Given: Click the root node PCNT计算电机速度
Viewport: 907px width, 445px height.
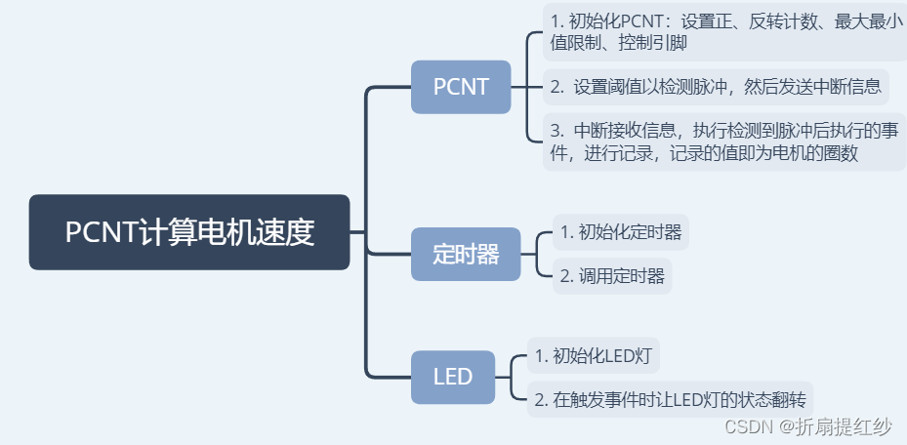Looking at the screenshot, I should (189, 232).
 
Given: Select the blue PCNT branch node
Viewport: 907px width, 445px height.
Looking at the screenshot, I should (461, 87).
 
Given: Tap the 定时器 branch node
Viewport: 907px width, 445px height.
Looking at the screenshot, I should (466, 254).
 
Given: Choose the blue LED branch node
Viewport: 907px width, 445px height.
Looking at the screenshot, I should (453, 377).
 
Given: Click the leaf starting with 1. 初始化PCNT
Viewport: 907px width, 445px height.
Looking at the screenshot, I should (724, 31).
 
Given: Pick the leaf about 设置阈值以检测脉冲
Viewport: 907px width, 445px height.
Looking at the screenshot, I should (716, 87).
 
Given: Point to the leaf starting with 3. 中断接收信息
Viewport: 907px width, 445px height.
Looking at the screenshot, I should (724, 142).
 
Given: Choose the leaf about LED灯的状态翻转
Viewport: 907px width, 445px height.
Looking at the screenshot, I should (671, 398).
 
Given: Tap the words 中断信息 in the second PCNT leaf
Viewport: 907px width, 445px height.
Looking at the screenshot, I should (849, 87).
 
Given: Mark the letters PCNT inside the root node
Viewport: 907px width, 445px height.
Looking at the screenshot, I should (101, 232).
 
